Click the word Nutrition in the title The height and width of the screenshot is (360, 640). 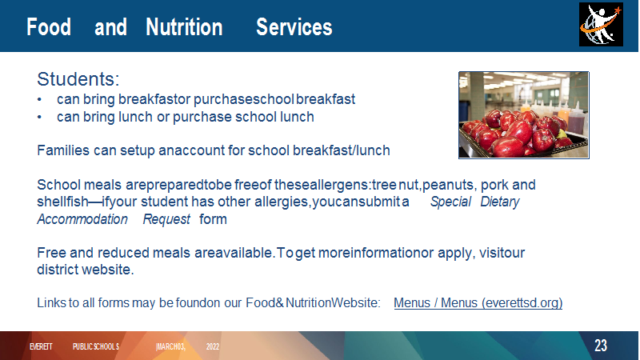[184, 27]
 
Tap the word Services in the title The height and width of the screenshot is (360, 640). [294, 27]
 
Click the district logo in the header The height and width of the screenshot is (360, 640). [601, 25]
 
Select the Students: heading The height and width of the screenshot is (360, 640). [78, 78]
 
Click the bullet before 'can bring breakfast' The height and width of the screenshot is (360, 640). [39, 99]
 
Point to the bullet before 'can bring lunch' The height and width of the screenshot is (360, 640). [39, 117]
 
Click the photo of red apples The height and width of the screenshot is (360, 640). [524, 115]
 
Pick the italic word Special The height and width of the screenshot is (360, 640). [450, 202]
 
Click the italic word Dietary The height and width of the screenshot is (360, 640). [499, 202]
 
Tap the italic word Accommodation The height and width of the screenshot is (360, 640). [82, 219]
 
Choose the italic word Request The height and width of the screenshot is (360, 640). [166, 219]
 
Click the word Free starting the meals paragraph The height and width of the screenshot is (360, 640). [51, 253]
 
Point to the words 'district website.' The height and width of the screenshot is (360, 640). [86, 270]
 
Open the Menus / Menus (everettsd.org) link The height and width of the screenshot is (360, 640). [478, 303]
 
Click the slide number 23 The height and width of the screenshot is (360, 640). [601, 346]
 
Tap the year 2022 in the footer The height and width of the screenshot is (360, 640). [213, 346]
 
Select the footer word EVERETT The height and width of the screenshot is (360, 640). [41, 346]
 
